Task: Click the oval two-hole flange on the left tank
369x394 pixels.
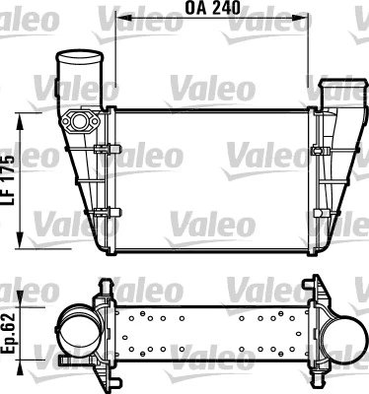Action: pyautogui.click(x=80, y=124)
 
